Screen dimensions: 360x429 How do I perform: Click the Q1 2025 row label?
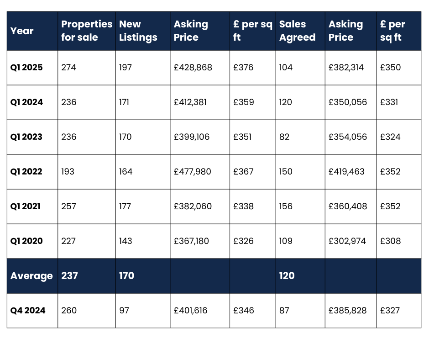[x=26, y=68]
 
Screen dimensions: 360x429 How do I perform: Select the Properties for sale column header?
[x=87, y=31]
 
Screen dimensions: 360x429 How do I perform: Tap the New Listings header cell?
[x=138, y=31]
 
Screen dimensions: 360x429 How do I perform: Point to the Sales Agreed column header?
[x=297, y=31]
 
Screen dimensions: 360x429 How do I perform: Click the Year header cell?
[x=22, y=31]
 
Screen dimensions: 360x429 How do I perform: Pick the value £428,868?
[x=193, y=68]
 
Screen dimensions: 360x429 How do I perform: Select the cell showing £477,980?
[x=193, y=172]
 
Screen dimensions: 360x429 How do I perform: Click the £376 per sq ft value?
[x=243, y=68]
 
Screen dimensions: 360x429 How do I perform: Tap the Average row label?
[x=31, y=276]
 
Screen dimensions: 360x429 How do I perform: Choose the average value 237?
[x=69, y=276]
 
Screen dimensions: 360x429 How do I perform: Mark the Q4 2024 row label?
[x=28, y=311]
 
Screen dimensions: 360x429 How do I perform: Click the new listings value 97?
[x=124, y=311]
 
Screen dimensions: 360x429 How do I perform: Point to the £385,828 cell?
[x=348, y=311]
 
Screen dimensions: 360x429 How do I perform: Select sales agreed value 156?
[x=286, y=206]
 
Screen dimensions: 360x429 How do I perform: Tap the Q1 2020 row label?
[x=26, y=241]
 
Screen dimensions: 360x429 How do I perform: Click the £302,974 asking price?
[x=347, y=241]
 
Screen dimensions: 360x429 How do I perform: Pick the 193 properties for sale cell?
[x=68, y=172]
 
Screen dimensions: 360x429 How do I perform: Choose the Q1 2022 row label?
[x=26, y=172]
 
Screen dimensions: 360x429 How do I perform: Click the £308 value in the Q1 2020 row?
[x=390, y=241]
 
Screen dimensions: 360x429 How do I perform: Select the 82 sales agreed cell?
[x=284, y=137]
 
